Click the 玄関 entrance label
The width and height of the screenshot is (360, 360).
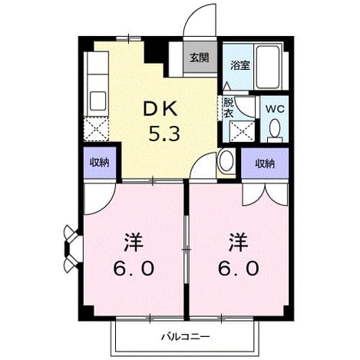pyautogui.click(x=199, y=58)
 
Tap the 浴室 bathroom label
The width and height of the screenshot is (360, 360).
pyautogui.click(x=239, y=65)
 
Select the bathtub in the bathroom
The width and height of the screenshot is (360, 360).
pyautogui.click(x=268, y=67)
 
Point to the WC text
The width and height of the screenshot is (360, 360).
pyautogui.click(x=275, y=110)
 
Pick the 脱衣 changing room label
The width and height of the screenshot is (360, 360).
pyautogui.click(x=228, y=108)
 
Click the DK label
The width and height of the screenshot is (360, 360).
pyautogui.click(x=160, y=109)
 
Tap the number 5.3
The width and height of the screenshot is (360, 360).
pyautogui.click(x=164, y=134)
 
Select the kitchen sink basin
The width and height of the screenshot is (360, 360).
pyautogui.click(x=97, y=101)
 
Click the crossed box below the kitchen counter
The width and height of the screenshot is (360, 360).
pyautogui.click(x=96, y=129)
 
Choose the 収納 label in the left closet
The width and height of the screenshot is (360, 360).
pyautogui.click(x=99, y=163)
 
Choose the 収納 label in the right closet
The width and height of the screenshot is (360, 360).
pyautogui.click(x=265, y=163)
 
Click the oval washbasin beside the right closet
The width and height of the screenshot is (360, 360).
pyautogui.click(x=226, y=161)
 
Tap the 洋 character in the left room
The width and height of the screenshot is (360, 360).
pyautogui.click(x=134, y=243)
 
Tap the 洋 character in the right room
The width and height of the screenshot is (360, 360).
pyautogui.click(x=238, y=243)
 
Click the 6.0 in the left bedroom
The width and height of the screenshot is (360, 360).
pyautogui.click(x=134, y=269)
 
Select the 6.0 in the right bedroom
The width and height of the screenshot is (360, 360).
pyautogui.click(x=238, y=269)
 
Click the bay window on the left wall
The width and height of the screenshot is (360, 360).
pyautogui.click(x=73, y=248)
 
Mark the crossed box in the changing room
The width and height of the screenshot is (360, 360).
pyautogui.click(x=243, y=131)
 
